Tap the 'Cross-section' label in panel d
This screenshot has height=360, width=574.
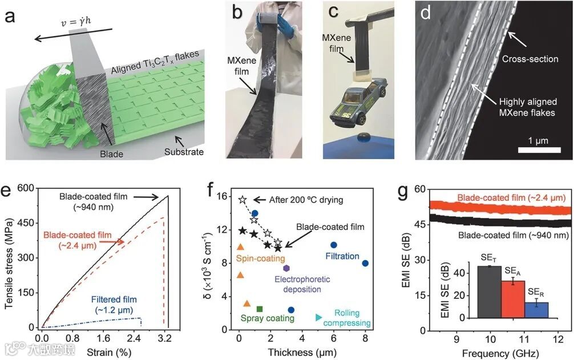point(530,58)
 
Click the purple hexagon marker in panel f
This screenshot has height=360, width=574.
point(286,268)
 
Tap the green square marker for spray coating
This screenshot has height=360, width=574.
point(260,309)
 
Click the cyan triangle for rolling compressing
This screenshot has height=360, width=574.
point(319,317)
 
